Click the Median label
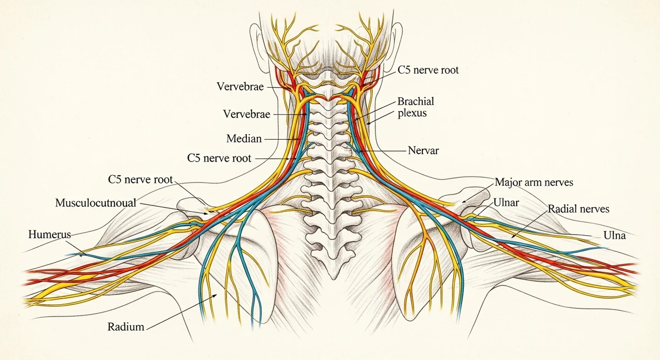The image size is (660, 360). tap(244, 138)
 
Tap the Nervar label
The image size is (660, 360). tap(423, 151)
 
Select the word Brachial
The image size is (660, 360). tap(416, 101)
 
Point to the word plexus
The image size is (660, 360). tap(412, 113)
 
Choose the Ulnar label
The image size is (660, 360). tap(506, 202)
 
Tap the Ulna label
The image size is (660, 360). tap(614, 235)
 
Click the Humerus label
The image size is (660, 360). tap(49, 235)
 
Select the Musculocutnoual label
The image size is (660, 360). tap(96, 203)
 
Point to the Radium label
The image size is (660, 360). tap(126, 326)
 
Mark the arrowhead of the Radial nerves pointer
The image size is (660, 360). tap(513, 236)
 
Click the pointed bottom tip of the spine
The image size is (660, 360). tap(333, 279)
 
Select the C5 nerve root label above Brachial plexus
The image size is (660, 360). tap(428, 70)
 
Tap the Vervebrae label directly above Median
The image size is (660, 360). tap(246, 114)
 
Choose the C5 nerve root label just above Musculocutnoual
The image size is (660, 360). tap(140, 179)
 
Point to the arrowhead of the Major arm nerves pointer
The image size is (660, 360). tap(464, 202)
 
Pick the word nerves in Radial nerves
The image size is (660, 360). tap(595, 209)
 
